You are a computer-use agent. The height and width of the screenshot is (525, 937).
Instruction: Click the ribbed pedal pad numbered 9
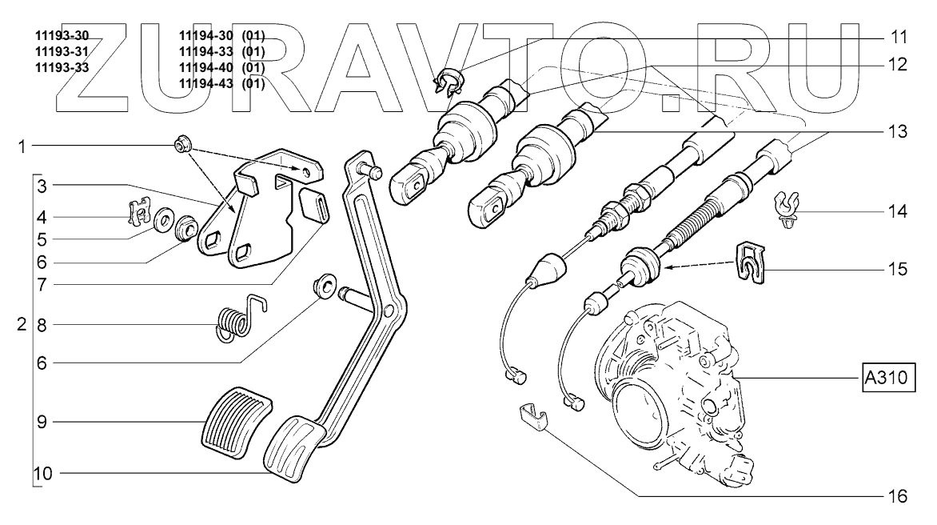click(233, 421)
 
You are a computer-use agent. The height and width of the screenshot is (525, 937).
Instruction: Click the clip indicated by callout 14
click(787, 212)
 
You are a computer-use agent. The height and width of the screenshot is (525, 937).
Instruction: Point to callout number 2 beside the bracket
click(22, 326)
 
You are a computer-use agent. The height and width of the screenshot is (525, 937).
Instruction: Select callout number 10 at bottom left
click(43, 473)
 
